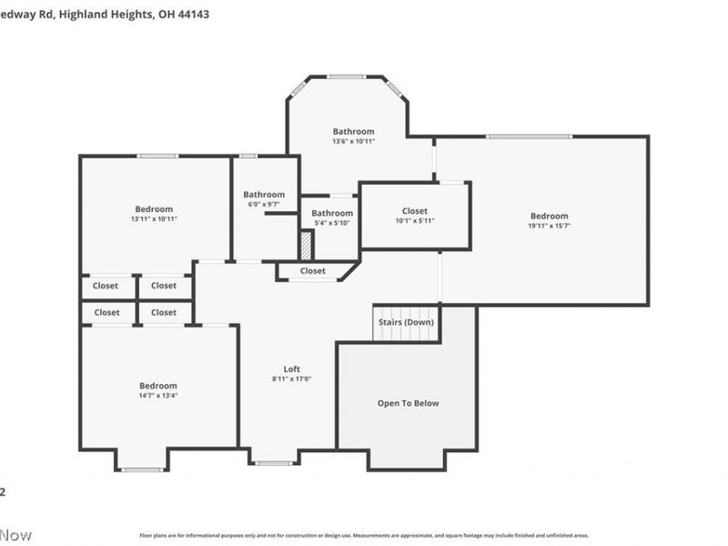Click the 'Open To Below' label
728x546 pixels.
(408, 403)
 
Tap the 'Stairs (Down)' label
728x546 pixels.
(406, 322)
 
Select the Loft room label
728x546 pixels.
(291, 369)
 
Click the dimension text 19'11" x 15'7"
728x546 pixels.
(550, 226)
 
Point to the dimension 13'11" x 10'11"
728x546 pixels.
(154, 219)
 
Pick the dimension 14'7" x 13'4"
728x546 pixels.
(157, 396)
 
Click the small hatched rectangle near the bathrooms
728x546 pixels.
(307, 245)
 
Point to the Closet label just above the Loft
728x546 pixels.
(312, 270)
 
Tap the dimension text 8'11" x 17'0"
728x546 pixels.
(291, 379)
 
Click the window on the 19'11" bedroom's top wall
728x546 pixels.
(528, 136)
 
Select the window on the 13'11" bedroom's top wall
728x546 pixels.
(157, 156)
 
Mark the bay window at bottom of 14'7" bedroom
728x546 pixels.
(141, 470)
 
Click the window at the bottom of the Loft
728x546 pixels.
(272, 463)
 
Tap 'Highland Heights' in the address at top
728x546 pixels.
(108, 15)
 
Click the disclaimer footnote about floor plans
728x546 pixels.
(364, 536)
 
